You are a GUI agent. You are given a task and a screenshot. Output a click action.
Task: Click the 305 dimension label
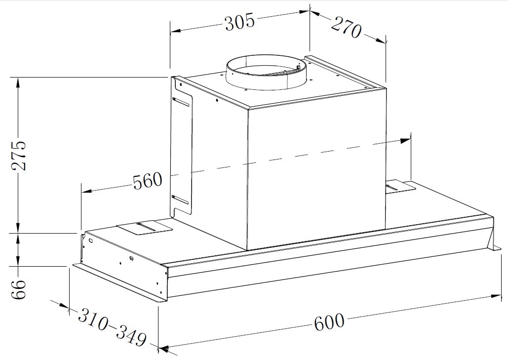pyautogui.click(x=240, y=22)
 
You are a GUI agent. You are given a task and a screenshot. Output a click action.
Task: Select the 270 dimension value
pyautogui.click(x=346, y=28)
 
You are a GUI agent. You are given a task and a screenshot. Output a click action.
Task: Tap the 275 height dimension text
pyautogui.click(x=18, y=156)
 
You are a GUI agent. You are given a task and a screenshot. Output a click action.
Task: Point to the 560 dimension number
pyautogui.click(x=148, y=181)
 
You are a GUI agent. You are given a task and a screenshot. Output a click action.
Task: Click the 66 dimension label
pyautogui.click(x=18, y=289)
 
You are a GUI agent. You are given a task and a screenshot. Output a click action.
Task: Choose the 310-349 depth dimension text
pyautogui.click(x=112, y=327)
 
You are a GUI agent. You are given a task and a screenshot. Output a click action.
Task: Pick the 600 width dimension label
pyautogui.click(x=329, y=322)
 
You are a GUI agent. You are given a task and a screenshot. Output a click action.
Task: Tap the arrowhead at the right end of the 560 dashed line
pyautogui.click(x=406, y=141)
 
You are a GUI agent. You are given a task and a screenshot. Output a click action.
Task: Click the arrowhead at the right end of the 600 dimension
pyautogui.click(x=496, y=296)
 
